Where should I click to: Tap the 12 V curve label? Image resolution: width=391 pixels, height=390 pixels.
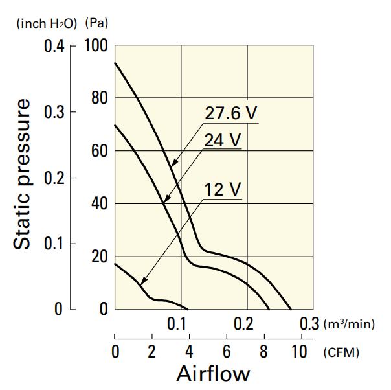223,190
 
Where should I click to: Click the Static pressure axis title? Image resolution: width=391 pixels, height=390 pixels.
23,174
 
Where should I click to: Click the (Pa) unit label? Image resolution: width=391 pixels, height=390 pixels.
96,24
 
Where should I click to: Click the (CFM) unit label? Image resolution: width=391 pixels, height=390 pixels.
341,352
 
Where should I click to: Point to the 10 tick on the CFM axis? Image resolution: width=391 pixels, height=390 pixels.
300,352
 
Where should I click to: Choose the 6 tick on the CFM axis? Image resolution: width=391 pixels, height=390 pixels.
227,352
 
